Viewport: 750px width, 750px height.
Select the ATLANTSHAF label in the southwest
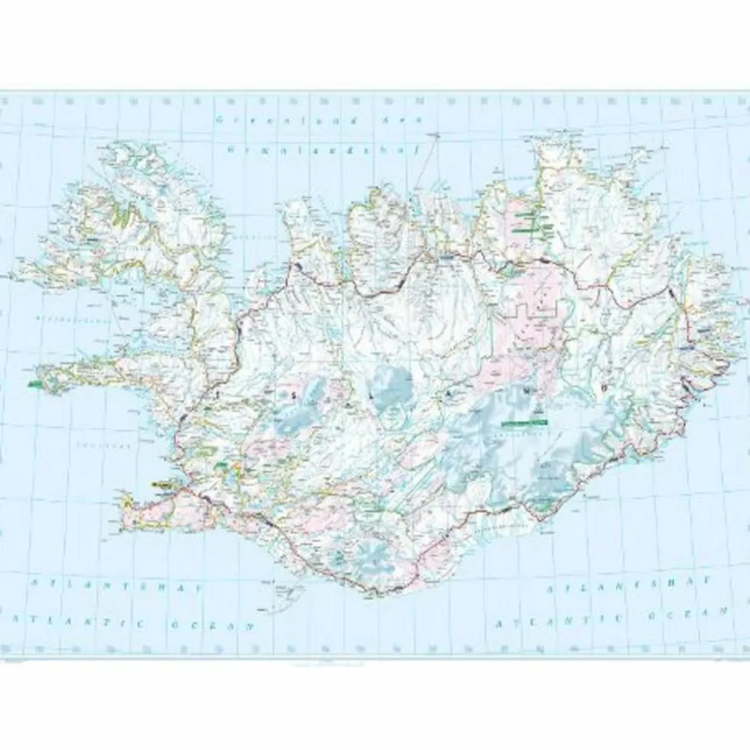[x=114, y=588]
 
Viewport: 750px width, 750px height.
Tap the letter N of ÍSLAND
[x=526, y=389]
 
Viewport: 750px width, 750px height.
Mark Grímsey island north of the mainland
[x=438, y=135]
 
